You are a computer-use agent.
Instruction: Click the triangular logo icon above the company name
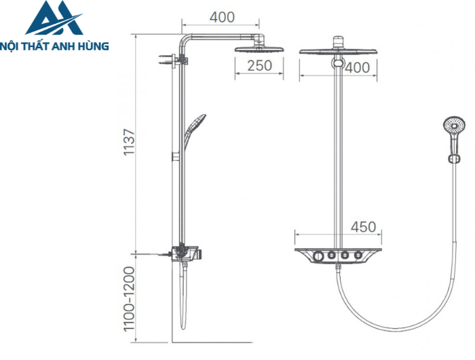coord(54,18)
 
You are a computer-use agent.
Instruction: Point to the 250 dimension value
coord(259,65)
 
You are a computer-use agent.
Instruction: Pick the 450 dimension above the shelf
coord(364,227)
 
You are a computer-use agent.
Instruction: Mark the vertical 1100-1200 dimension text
coord(130,298)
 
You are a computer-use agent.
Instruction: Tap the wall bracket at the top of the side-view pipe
coord(171,60)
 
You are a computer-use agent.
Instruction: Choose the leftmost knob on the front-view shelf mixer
coord(318,256)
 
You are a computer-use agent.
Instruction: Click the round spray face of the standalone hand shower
coord(454,126)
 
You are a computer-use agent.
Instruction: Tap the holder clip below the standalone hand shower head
coord(450,158)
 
